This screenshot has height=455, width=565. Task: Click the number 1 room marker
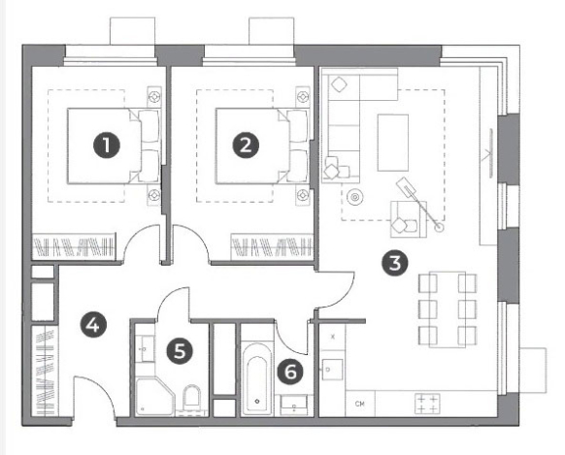(x=106, y=146)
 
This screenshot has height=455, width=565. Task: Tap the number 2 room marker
(x=246, y=146)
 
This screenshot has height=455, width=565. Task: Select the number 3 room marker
(x=395, y=263)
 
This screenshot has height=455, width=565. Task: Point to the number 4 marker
(x=93, y=325)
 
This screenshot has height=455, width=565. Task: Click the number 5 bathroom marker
(x=180, y=350)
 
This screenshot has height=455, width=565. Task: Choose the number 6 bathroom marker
(x=291, y=372)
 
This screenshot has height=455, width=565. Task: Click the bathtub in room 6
(x=257, y=378)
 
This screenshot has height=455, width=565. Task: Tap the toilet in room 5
(x=191, y=398)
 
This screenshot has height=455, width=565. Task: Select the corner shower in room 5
(x=155, y=397)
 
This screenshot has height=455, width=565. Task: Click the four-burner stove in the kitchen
(x=427, y=404)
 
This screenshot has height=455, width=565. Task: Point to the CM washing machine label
(x=359, y=404)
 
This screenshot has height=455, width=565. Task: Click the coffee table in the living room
(x=393, y=143)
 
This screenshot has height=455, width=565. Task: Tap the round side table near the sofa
(x=355, y=197)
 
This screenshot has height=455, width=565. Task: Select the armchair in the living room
(x=409, y=219)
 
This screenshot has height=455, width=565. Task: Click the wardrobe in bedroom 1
(x=74, y=246)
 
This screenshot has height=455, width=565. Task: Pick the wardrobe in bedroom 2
(x=272, y=246)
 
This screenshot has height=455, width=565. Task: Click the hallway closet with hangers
(x=45, y=372)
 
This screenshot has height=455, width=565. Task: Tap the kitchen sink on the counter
(x=332, y=370)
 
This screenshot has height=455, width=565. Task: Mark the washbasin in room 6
(x=294, y=406)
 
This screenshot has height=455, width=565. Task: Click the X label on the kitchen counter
(x=333, y=337)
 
